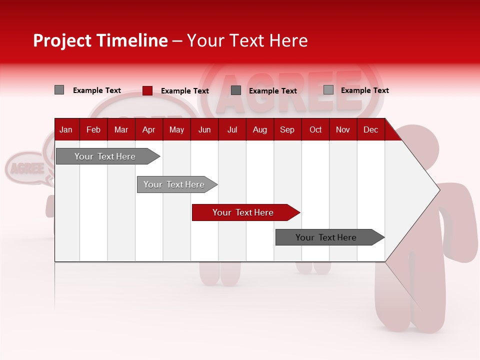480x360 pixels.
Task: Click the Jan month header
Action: pos(66,130)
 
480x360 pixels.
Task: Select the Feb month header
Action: pos(93,130)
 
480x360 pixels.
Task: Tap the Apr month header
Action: pos(148,130)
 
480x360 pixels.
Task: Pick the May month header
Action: pos(176,130)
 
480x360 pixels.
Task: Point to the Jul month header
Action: pos(232,130)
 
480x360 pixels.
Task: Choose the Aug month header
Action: pos(260,130)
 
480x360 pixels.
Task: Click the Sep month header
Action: pos(287,130)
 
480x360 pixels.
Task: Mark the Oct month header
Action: pos(315,130)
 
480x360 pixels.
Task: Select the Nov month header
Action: pos(343,130)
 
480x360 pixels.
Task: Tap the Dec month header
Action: pos(370,130)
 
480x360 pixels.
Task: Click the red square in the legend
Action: pos(147,90)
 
